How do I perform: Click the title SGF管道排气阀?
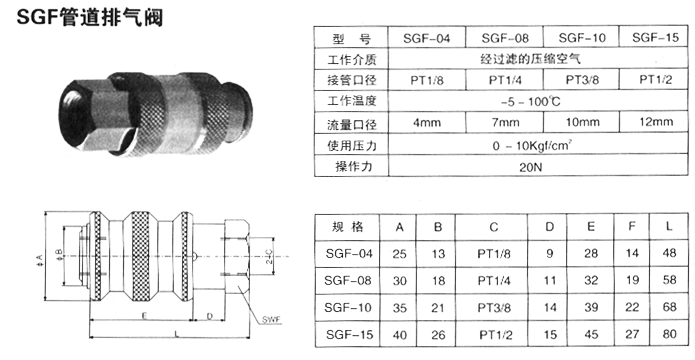coord(90,17)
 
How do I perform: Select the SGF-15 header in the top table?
coord(655,37)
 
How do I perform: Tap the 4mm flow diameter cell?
coord(426,122)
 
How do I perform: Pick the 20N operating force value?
coord(531,167)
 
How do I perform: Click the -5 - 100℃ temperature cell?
coord(531,102)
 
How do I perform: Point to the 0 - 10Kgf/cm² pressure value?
coord(531,145)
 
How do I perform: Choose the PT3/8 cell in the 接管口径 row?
coord(581,80)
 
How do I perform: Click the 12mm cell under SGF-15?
coord(656,121)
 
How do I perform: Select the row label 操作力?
coord(353,167)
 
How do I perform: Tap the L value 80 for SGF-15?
coord(669,333)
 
